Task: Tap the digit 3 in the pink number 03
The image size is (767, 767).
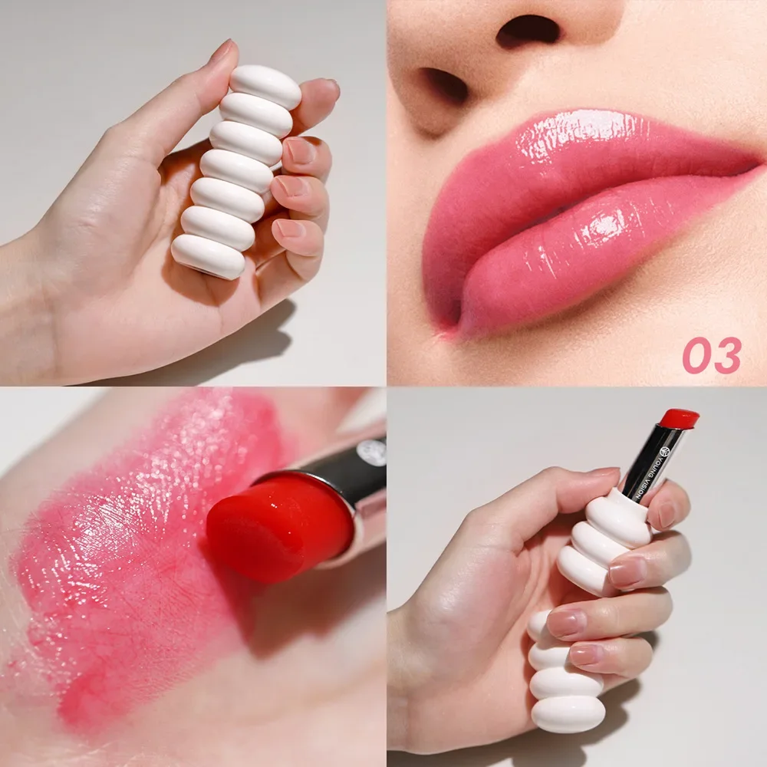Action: [x=727, y=356]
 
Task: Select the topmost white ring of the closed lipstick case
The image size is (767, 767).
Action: [x=265, y=87]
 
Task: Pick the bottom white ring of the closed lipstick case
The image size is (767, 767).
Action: [x=208, y=256]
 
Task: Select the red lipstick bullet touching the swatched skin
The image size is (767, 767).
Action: [x=280, y=528]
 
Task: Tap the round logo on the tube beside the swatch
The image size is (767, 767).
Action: [x=373, y=449]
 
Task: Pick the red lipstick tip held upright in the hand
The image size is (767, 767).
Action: [x=679, y=418]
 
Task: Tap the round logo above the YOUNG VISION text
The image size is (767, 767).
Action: [x=665, y=450]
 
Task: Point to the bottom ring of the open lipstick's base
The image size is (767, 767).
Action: [x=568, y=713]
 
